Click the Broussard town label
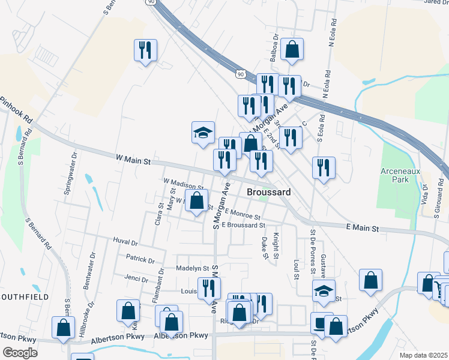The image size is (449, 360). coord(269,192)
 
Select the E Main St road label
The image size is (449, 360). coord(363,229)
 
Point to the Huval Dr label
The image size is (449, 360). coord(125,243)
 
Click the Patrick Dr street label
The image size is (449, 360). coord(140,259)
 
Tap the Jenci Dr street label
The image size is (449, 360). coord(136,279)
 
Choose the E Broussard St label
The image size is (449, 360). coord(243,225)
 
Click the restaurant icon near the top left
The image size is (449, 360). coord(145,50)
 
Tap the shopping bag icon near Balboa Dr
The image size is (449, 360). coord(292,50)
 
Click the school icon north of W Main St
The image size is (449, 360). coord(203,133)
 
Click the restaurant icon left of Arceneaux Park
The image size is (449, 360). coord(324,168)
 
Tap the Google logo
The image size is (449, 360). coord(20,353)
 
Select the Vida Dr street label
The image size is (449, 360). coord(424,195)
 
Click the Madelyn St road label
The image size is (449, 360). coord(192,268)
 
